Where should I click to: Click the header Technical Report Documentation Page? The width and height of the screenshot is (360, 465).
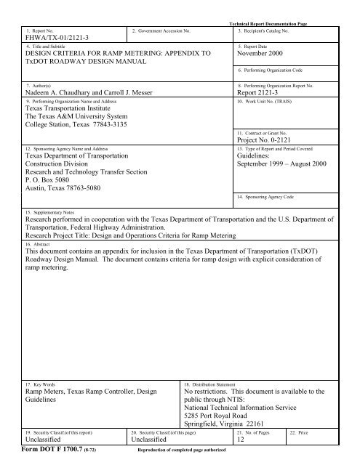pos(265,25)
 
